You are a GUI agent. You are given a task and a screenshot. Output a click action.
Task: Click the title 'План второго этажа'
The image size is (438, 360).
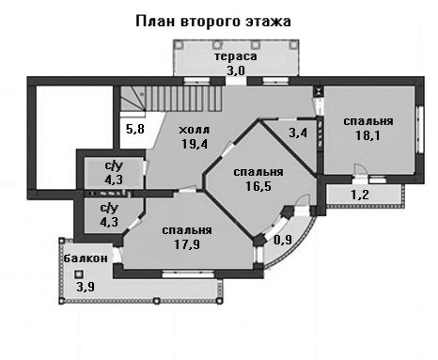click(213, 22)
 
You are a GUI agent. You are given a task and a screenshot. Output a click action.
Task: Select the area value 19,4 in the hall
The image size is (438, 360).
click(195, 144)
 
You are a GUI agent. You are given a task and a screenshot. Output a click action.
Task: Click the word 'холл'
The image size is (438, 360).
click(194, 130)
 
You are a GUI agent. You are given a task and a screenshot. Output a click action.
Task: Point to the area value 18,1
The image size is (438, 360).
click(368, 135)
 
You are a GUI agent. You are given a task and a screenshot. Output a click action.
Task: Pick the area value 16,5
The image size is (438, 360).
click(258, 186)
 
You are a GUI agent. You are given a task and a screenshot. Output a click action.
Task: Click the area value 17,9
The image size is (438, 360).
click(187, 244)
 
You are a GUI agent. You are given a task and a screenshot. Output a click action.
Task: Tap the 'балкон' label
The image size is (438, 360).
click(86, 258)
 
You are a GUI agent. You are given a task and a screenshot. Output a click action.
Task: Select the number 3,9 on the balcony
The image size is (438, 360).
click(86, 287)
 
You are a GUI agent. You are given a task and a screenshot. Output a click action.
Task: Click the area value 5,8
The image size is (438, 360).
click(135, 129)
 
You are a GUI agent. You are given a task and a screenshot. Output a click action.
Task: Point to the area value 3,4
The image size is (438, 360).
click(298, 133)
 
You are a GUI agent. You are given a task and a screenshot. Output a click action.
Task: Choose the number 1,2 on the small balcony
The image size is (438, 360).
click(360, 195)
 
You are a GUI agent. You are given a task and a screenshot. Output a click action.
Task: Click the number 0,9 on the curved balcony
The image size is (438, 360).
click(283, 240)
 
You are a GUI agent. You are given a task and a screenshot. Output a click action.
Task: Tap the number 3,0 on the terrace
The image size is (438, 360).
click(236, 70)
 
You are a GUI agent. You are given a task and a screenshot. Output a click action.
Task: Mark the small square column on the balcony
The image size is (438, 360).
click(79, 274)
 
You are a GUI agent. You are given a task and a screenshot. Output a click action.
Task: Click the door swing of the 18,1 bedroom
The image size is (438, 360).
click(360, 170)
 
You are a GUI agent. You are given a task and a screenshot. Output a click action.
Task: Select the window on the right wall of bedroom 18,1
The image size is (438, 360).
click(419, 130)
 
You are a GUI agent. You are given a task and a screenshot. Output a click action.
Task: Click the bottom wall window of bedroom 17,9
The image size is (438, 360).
click(188, 274)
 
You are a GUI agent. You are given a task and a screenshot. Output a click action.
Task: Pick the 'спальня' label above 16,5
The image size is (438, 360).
click(258, 172)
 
